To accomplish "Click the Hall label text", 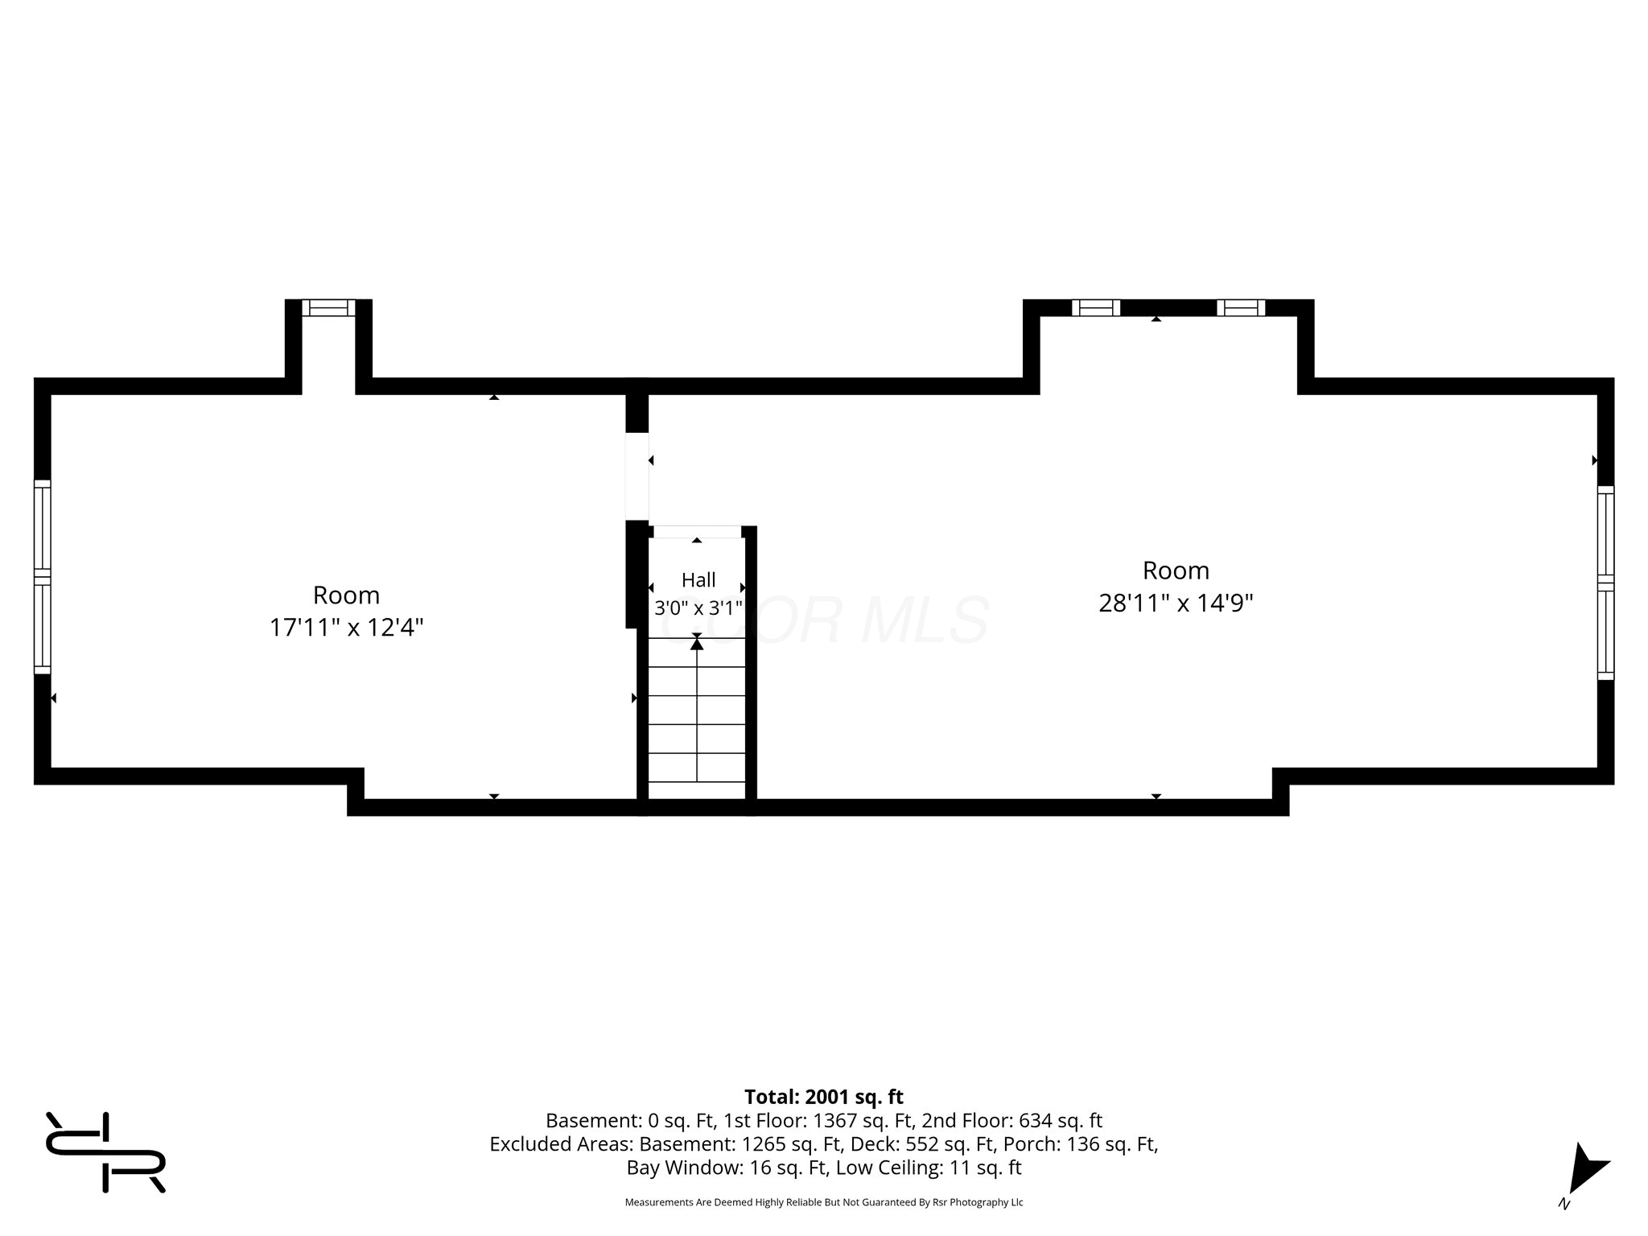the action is pyautogui.click(x=698, y=579).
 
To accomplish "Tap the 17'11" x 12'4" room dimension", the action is pyautogui.click(x=346, y=628).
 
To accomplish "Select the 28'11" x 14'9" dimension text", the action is pyautogui.click(x=1176, y=603).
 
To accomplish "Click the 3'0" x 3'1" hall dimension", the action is pyautogui.click(x=698, y=607).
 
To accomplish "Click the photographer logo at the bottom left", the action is pyautogui.click(x=105, y=1152).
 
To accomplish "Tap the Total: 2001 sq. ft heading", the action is pyautogui.click(x=824, y=1097).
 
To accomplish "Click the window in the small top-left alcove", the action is pyautogui.click(x=328, y=307).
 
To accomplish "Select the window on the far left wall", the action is pyautogui.click(x=42, y=577).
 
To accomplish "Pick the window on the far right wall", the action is pyautogui.click(x=1605, y=583).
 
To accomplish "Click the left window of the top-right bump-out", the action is pyautogui.click(x=1096, y=307).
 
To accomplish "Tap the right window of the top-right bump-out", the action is pyautogui.click(x=1241, y=307).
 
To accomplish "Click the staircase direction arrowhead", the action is pyautogui.click(x=697, y=644).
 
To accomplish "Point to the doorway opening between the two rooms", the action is pyautogui.click(x=637, y=476).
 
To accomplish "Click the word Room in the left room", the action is pyautogui.click(x=346, y=595).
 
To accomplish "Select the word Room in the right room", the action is pyautogui.click(x=1176, y=571).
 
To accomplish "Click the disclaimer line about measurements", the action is pyautogui.click(x=824, y=1202).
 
